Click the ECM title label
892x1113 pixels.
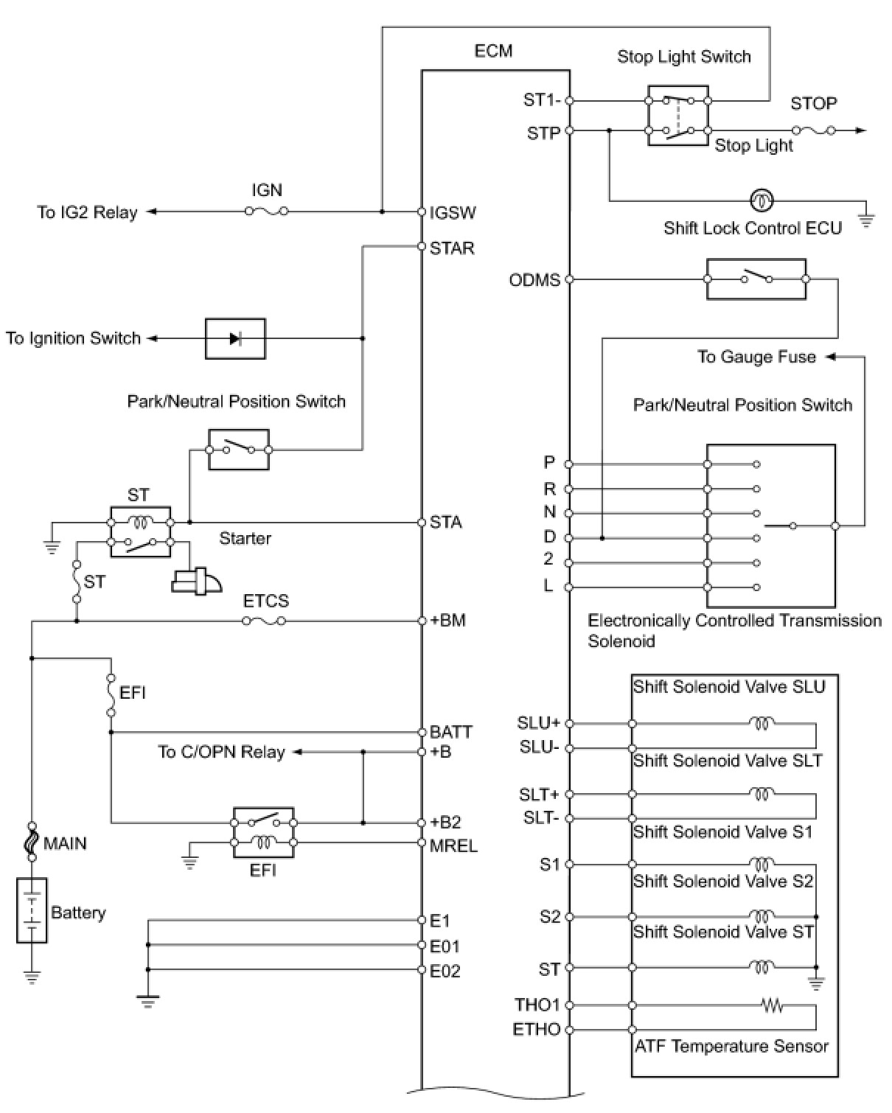[493, 51]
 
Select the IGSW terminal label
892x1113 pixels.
[453, 213]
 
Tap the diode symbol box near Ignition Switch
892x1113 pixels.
[235, 338]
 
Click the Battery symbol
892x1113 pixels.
[32, 910]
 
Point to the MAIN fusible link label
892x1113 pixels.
[65, 843]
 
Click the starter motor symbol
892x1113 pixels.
[196, 582]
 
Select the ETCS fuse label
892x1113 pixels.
[266, 601]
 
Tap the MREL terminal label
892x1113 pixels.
[453, 845]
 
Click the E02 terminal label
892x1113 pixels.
[445, 971]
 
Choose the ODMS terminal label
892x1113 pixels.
[534, 280]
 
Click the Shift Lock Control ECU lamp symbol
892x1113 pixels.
[761, 200]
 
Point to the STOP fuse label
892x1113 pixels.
[814, 104]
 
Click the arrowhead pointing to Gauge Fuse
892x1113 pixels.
[831, 357]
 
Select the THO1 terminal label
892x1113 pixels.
[537, 1005]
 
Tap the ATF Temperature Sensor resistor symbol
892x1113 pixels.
[773, 1005]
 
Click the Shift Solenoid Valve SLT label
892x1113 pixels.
[727, 761]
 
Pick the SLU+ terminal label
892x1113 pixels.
[538, 723]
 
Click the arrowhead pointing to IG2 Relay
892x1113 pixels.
[152, 212]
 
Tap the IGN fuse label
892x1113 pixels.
[267, 190]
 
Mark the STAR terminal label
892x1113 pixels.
[452, 248]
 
